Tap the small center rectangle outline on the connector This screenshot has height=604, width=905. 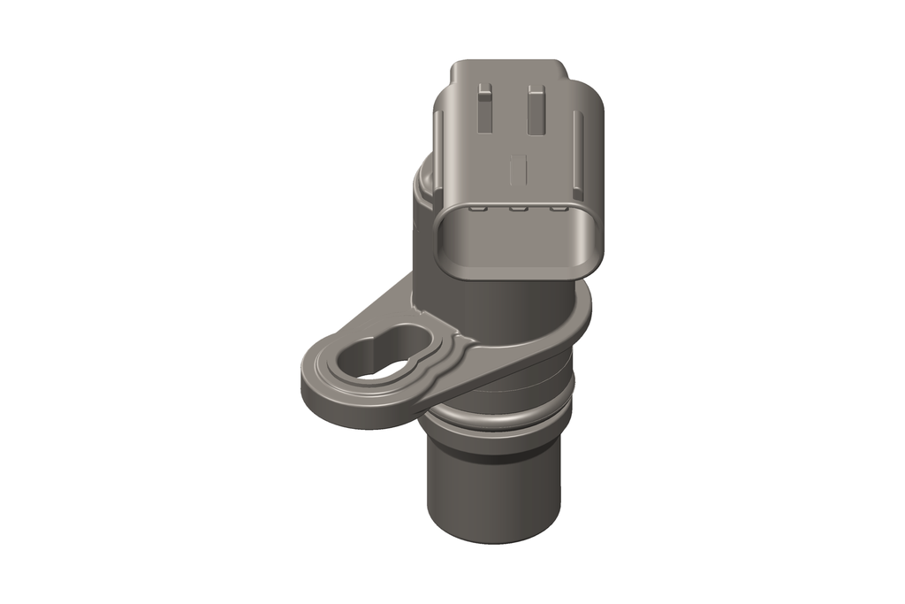pyautogui.click(x=520, y=168)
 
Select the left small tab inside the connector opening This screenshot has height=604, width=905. pyautogui.click(x=478, y=209)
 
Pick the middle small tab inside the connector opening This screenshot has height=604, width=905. pyautogui.click(x=518, y=210)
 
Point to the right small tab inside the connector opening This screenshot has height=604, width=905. pyautogui.click(x=558, y=210)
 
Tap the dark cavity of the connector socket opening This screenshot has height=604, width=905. pyautogui.click(x=517, y=243)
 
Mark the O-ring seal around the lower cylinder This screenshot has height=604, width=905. pyautogui.click(x=495, y=421)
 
